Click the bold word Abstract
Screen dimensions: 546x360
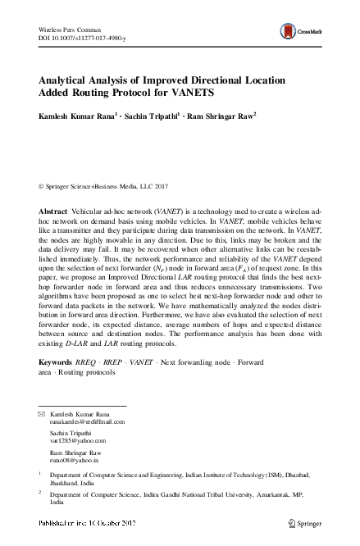(54, 212)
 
